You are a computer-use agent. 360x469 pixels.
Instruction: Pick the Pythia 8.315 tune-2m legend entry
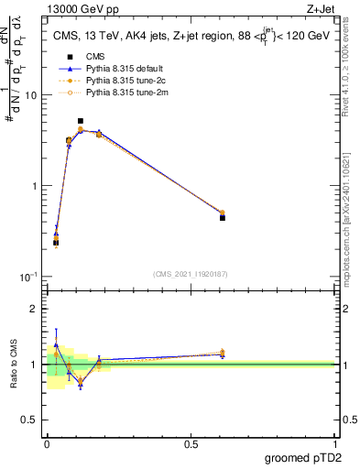click(x=110, y=92)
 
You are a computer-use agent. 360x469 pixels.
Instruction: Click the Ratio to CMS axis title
click(x=16, y=365)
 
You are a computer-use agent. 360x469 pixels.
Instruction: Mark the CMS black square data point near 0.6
click(x=223, y=218)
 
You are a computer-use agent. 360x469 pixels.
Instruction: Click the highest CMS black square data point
click(x=81, y=121)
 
